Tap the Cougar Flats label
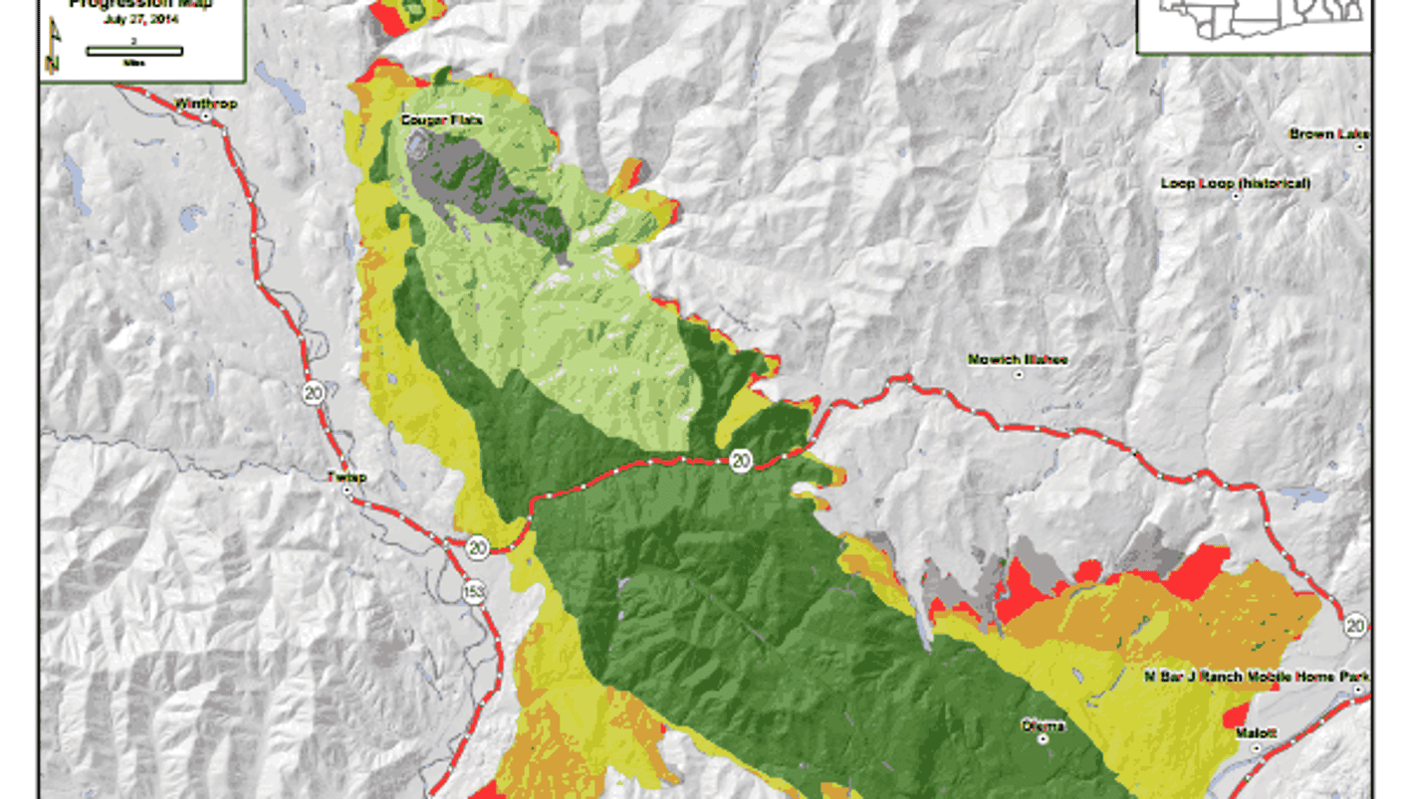(427, 120)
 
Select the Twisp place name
(347, 478)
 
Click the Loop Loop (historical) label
(1235, 183)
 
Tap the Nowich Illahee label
(1018, 359)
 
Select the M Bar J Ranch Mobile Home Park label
(1256, 677)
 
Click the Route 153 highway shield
(474, 592)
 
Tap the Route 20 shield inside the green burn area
(739, 460)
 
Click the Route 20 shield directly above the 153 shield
(477, 546)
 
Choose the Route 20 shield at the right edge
(1354, 625)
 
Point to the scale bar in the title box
(133, 51)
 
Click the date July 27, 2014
(140, 20)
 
